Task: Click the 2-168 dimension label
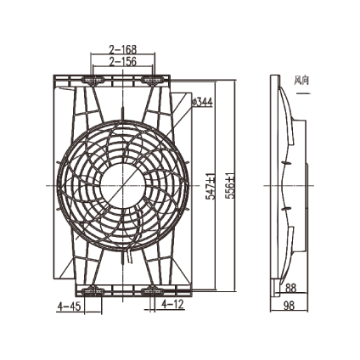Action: tap(123, 49)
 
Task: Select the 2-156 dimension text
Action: tap(123, 61)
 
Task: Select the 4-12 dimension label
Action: tap(172, 303)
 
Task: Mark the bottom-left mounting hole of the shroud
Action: tap(92, 290)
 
